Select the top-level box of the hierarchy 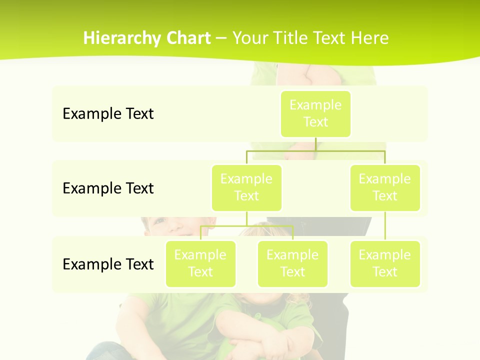pyautogui.click(x=315, y=113)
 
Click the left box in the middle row pyautogui.click(x=246, y=187)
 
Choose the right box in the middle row pyautogui.click(x=385, y=187)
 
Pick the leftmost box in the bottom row pyautogui.click(x=200, y=263)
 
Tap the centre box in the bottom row pyautogui.click(x=292, y=263)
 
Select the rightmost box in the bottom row pyautogui.click(x=385, y=263)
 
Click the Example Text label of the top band pyautogui.click(x=108, y=114)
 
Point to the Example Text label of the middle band pyautogui.click(x=108, y=188)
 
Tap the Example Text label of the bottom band pyautogui.click(x=108, y=264)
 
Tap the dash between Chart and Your pyautogui.click(x=221, y=38)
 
